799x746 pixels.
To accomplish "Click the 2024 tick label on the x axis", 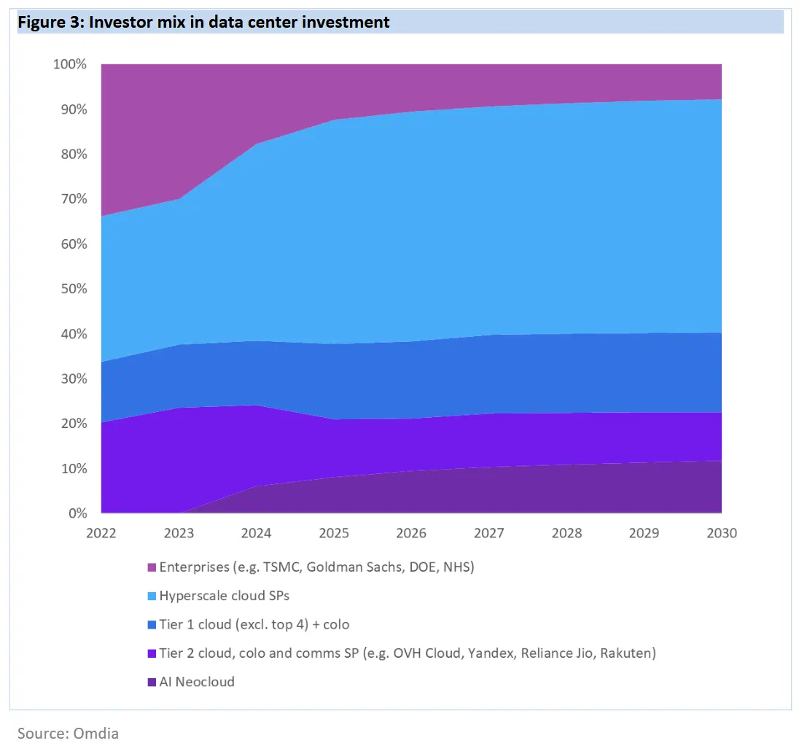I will (x=256, y=533).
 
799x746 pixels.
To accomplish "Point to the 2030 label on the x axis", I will (x=722, y=533).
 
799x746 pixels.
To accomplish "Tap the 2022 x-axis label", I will (x=101, y=533).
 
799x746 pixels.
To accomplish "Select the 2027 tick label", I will (x=489, y=533).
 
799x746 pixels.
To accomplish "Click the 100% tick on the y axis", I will (x=70, y=65).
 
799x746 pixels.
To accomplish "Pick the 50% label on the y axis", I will (x=73, y=289).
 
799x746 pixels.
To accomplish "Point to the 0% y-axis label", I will (x=77, y=513).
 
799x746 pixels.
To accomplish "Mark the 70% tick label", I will (x=73, y=199).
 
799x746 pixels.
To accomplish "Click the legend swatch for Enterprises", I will (x=152, y=567).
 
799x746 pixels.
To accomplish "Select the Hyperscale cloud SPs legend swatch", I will (x=152, y=597).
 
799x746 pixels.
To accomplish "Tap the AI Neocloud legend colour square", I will (x=152, y=683).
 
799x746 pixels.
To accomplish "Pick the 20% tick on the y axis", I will (x=73, y=424).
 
